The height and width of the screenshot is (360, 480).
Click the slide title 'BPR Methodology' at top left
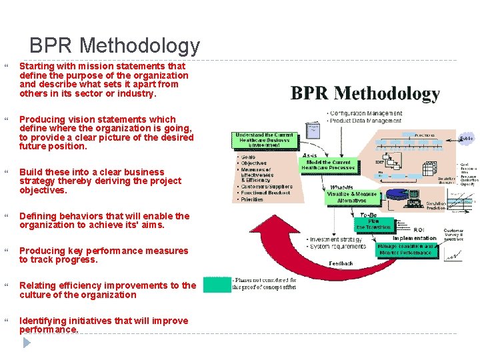tap(115, 46)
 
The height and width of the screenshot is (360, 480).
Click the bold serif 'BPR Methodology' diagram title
tap(365, 93)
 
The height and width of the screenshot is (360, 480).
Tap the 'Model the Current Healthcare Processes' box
tap(329, 165)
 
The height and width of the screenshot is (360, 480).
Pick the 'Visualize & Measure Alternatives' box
tap(351, 198)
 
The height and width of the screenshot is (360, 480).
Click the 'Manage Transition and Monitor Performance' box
tap(405, 250)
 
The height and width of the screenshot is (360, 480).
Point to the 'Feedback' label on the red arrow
tap(341, 263)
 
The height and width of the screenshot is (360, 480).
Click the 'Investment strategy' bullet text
tap(337, 239)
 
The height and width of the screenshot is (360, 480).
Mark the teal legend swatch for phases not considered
tap(217, 285)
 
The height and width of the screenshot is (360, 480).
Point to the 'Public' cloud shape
tap(467, 139)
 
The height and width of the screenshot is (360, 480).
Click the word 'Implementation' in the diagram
tap(414, 239)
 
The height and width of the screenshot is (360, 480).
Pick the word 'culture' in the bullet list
tap(35, 295)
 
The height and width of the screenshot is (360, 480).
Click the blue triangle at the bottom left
tap(27, 343)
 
